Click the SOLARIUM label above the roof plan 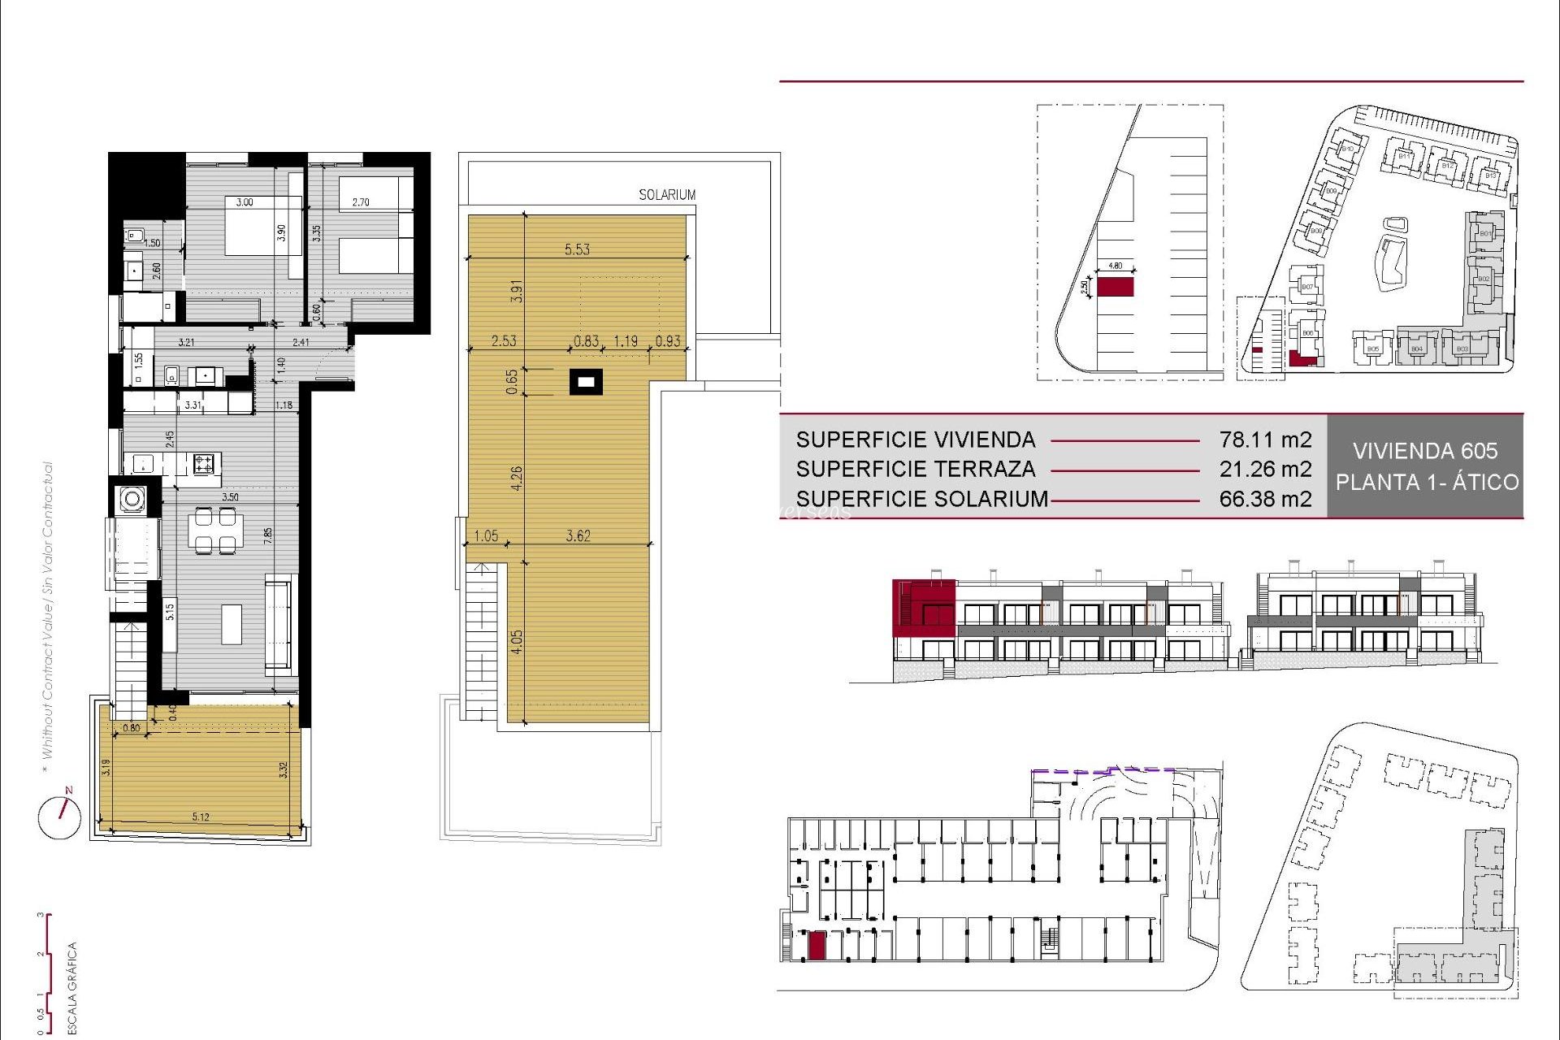pos(667,195)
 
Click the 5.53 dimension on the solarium pos(577,249)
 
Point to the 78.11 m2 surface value pos(1265,440)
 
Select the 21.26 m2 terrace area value pos(1265,469)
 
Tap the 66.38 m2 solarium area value pos(1265,499)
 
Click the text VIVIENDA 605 pos(1425,451)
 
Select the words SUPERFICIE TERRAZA pos(916,469)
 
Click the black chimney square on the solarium pos(586,381)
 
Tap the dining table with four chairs pos(215,530)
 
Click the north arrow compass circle pos(59,817)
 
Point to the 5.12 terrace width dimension pos(201,817)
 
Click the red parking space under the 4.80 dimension pos(1115,287)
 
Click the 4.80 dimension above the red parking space pos(1115,266)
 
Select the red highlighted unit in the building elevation pos(924,607)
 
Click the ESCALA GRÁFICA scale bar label pos(72,987)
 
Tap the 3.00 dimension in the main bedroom pos(245,202)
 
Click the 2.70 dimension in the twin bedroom pos(361,202)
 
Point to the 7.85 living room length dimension pos(267,535)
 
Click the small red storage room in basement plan pos(817,946)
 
